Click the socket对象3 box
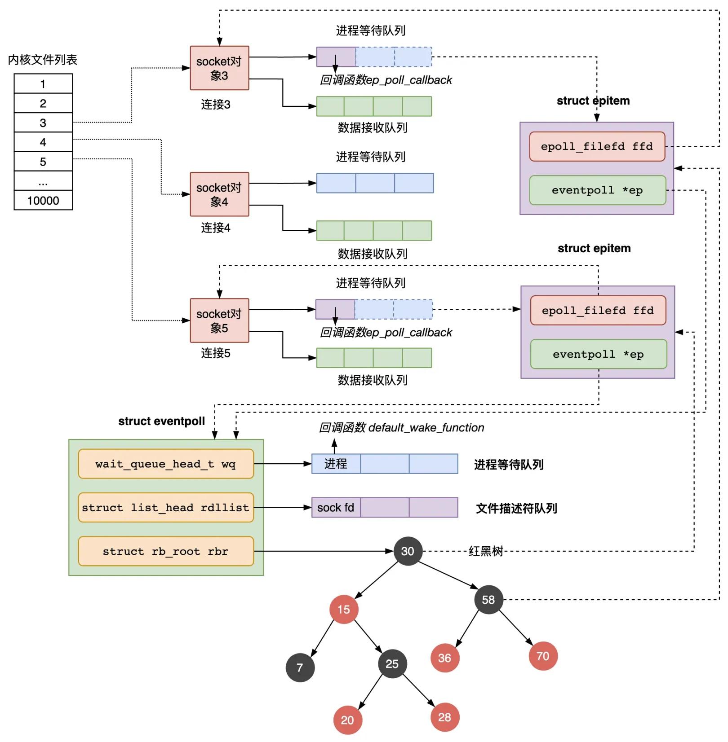219,68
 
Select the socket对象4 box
219,194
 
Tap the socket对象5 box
219,320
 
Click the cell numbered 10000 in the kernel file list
43,200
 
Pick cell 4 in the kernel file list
43,142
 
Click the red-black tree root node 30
408,551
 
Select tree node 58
488,599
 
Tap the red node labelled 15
343,609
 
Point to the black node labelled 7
300,667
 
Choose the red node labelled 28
444,717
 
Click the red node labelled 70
543,656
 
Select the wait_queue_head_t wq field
165,464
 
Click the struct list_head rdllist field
165,507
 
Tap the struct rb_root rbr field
165,551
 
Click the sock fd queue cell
336,507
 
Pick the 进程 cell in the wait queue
336,464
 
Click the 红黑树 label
485,551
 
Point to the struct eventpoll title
161,421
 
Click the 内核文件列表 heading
43,60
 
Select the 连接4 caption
215,228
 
